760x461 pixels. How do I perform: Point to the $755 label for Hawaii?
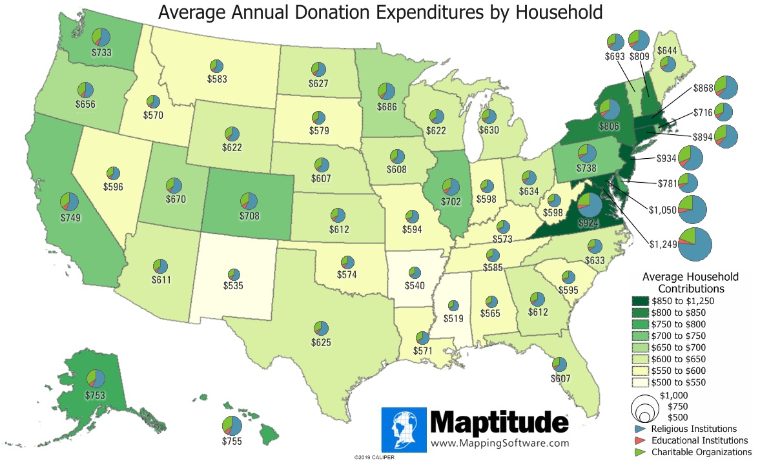[x=232, y=441]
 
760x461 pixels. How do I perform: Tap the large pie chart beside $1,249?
[x=697, y=243]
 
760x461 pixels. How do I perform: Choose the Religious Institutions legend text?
[x=693, y=428]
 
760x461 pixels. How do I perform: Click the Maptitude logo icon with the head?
[x=404, y=429]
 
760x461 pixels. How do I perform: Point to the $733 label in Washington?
[x=98, y=54]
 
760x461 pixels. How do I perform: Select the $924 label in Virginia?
[x=588, y=223]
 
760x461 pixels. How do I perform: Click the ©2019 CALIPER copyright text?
[x=374, y=456]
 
